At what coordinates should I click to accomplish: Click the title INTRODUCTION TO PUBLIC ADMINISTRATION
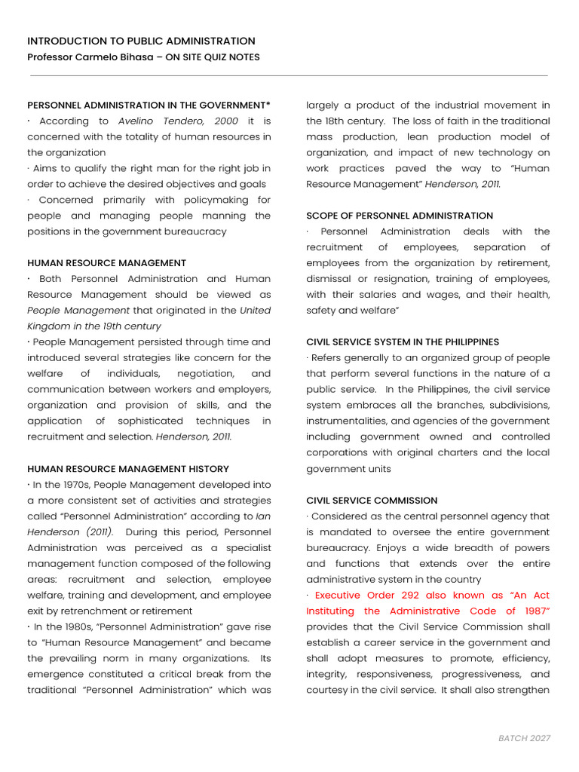pos(141,41)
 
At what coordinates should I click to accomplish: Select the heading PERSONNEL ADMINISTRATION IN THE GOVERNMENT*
pos(149,105)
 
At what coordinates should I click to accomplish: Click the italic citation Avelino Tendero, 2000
pos(179,121)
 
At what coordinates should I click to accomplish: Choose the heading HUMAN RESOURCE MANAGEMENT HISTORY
pos(128,469)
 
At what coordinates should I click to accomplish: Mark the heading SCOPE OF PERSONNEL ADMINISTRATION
pos(400,216)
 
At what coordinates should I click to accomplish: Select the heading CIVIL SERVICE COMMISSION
pos(372,501)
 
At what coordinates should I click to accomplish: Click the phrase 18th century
pos(353,121)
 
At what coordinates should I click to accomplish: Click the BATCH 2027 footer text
pos(525,738)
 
